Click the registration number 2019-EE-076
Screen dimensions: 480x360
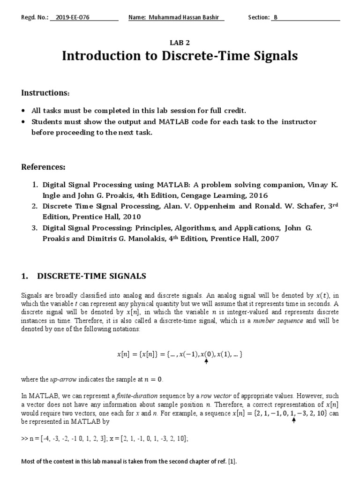point(72,18)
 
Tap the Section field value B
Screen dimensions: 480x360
point(276,18)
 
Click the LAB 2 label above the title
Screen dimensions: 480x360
point(180,42)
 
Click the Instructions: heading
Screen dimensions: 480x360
point(45,93)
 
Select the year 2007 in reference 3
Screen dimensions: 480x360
point(268,239)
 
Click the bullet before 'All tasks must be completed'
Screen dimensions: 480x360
point(24,111)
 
